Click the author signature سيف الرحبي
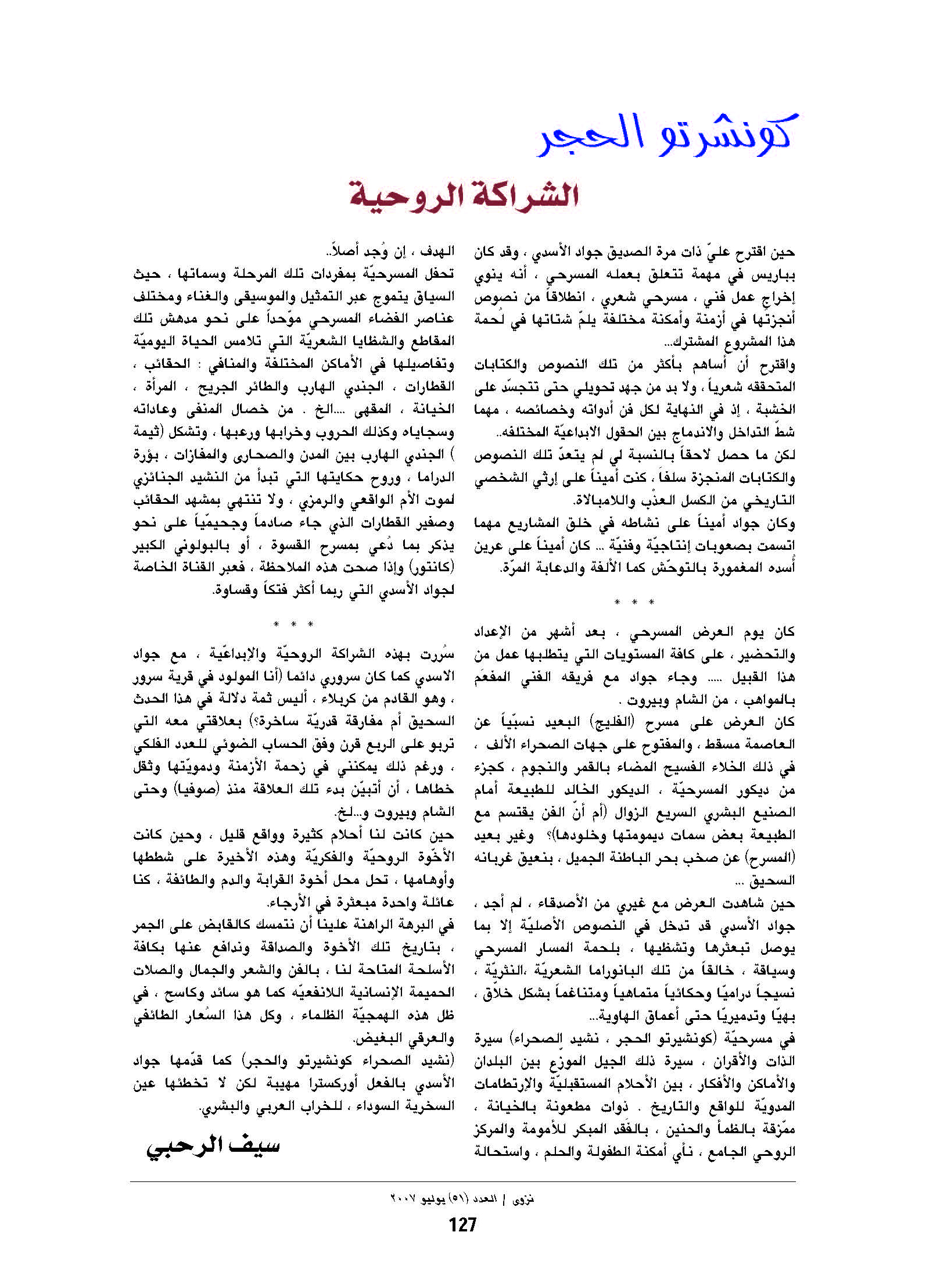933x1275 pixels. (x=213, y=1146)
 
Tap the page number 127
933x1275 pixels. (x=462, y=1225)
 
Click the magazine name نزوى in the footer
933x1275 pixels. (x=523, y=1198)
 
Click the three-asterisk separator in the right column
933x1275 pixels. (x=634, y=602)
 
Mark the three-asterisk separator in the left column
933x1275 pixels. (x=293, y=625)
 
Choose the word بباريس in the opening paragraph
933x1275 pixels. (x=776, y=274)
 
